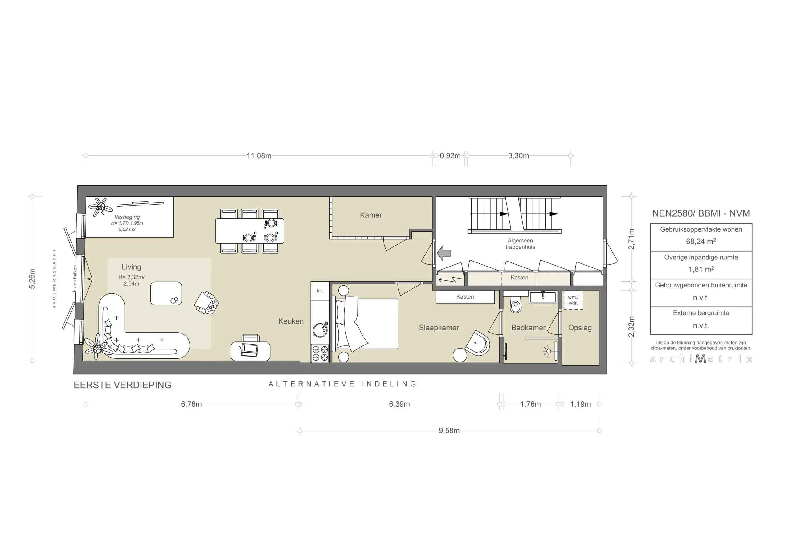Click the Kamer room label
[x=371, y=215]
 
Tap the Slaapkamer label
[x=439, y=328]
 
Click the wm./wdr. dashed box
[x=573, y=300]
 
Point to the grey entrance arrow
[x=444, y=253]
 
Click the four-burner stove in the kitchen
[x=320, y=353]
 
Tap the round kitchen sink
[x=320, y=329]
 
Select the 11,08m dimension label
[x=259, y=156]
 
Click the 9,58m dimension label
[x=449, y=431]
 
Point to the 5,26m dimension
[x=32, y=279]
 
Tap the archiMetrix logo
[x=701, y=359]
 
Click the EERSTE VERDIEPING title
[x=123, y=385]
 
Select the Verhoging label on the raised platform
[x=127, y=217]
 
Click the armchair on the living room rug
[x=206, y=303]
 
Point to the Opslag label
[x=580, y=328]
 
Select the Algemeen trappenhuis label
[x=520, y=244]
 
